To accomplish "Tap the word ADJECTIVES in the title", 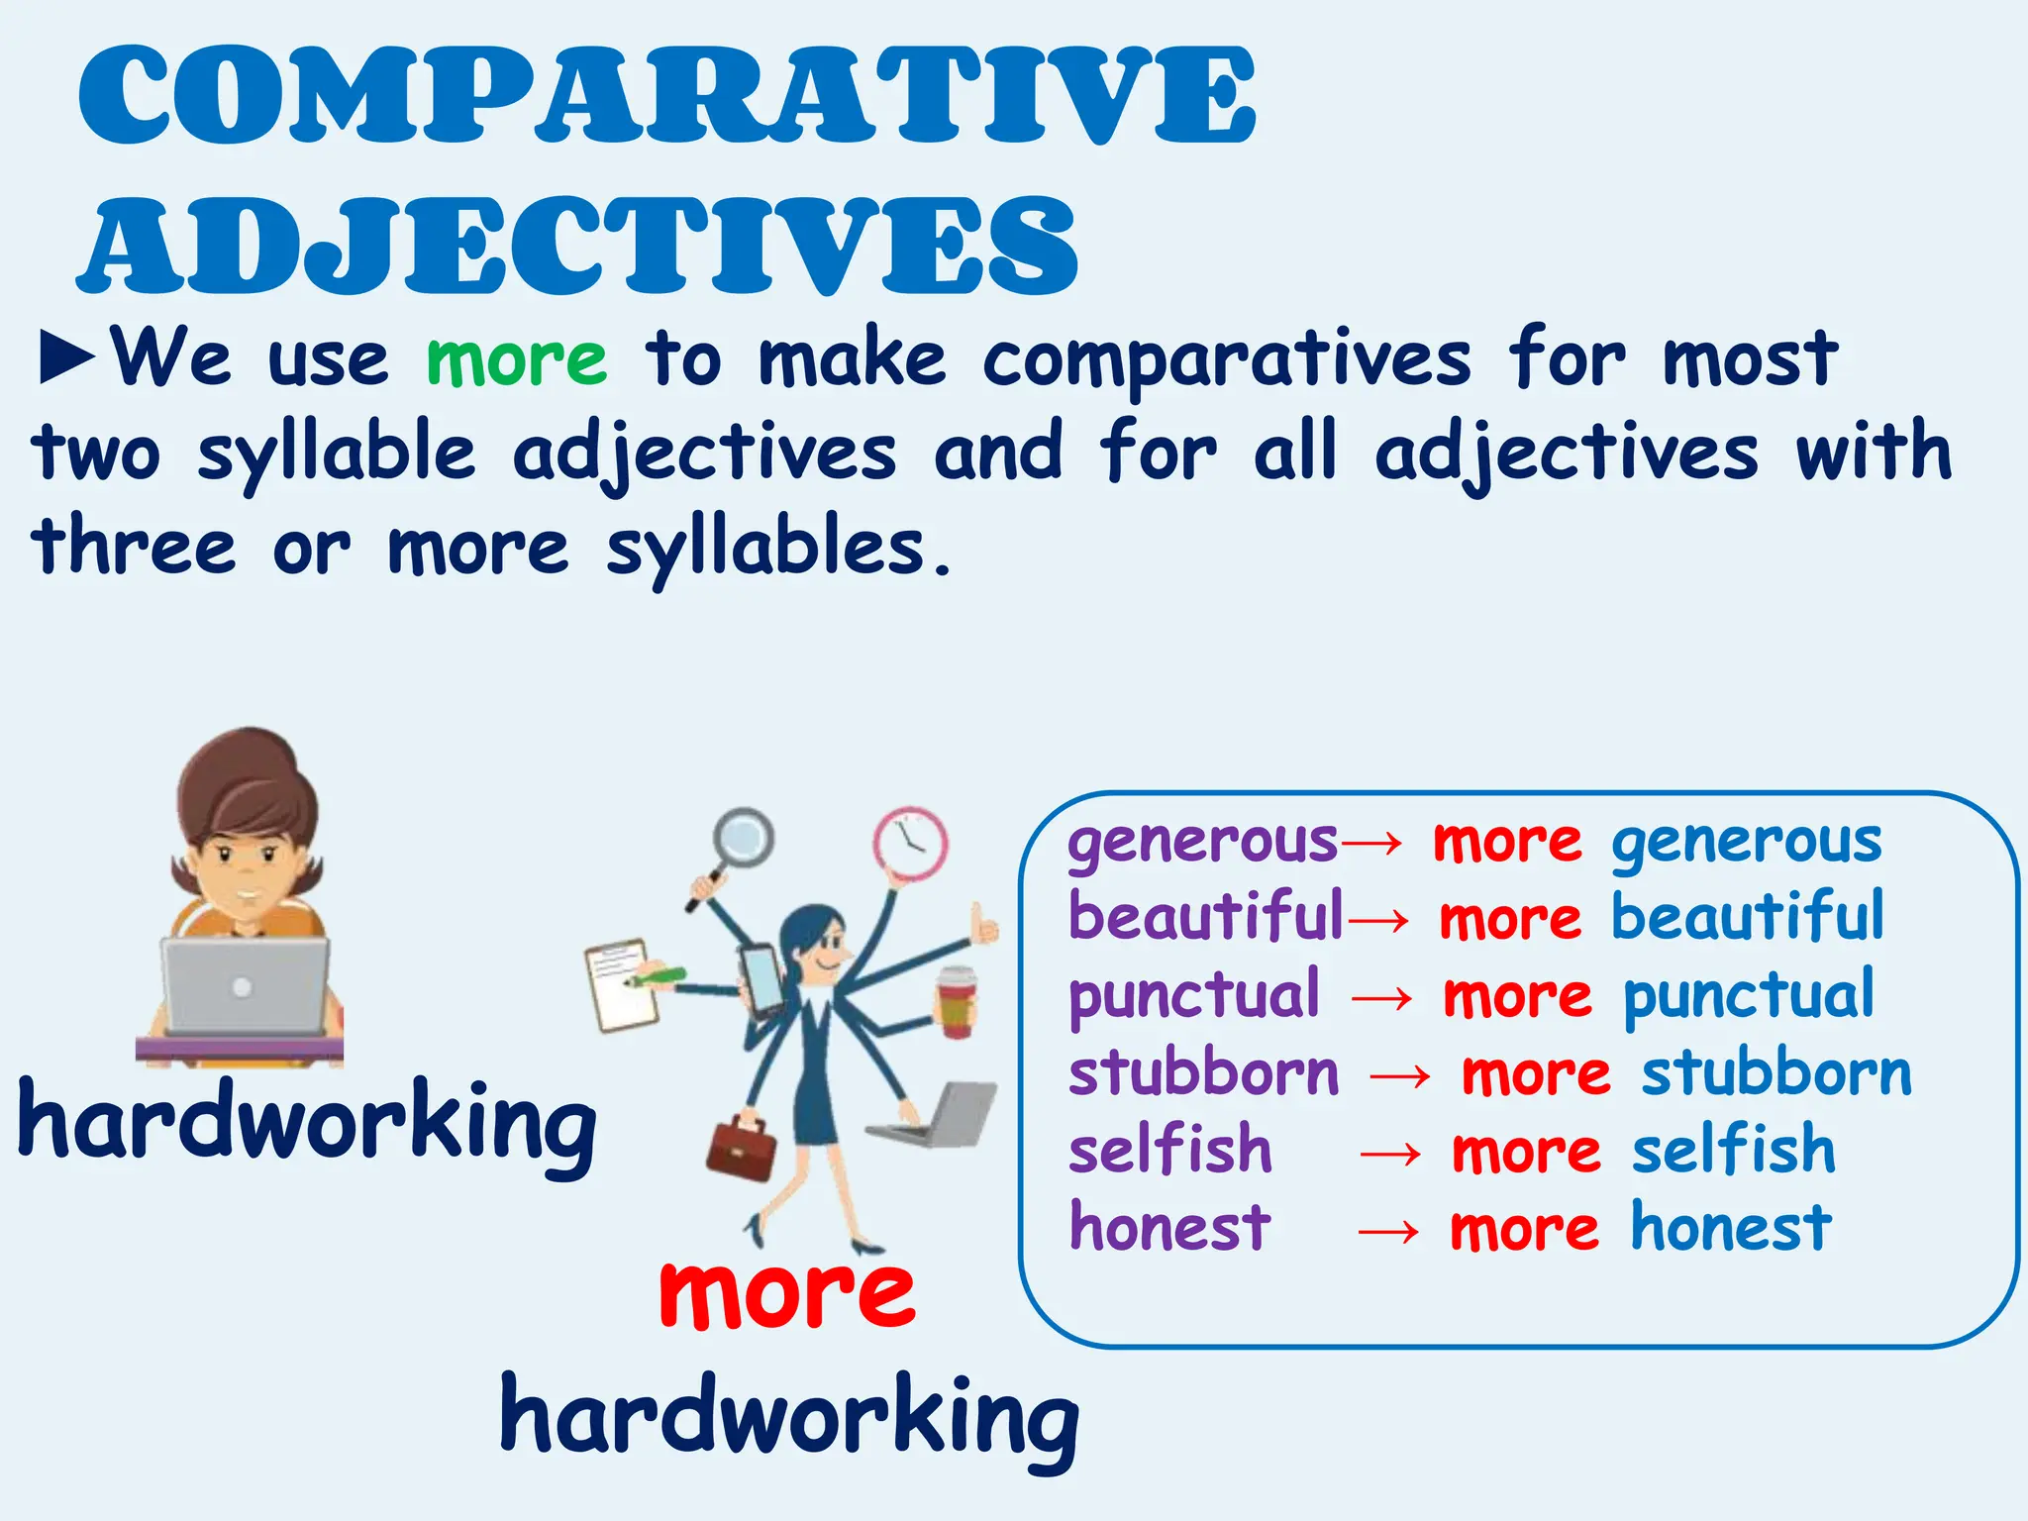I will click(578, 246).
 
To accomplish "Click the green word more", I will click(516, 358).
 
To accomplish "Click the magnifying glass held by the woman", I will click(742, 840).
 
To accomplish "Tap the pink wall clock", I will click(910, 845).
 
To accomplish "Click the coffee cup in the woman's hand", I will click(957, 1002).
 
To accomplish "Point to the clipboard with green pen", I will click(625, 986).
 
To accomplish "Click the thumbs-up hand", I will click(983, 926).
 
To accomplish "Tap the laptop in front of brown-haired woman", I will click(245, 986).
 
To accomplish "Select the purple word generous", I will click(1202, 844).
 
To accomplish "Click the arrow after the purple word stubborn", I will click(1399, 1075).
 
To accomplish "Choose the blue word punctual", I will click(1748, 996).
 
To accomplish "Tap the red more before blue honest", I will click(1524, 1230).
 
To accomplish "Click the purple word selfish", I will click(1169, 1152).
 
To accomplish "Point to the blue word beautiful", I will click(1748, 917).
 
